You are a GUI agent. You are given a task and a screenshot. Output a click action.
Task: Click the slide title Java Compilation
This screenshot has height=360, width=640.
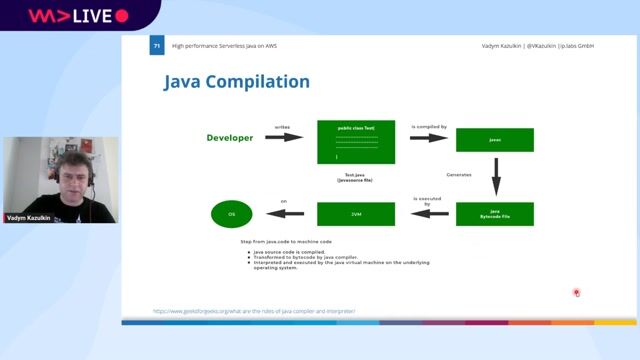click(x=236, y=82)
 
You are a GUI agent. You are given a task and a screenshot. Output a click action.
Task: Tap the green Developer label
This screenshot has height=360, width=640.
click(x=229, y=137)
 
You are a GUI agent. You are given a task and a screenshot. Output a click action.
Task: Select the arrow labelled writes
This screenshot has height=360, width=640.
click(x=283, y=137)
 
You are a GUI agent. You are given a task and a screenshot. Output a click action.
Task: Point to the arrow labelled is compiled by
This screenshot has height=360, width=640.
click(x=428, y=138)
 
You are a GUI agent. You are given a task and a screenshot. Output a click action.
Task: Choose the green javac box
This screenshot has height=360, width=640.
click(x=494, y=140)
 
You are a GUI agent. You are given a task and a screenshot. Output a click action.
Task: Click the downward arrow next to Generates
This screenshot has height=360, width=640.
click(x=495, y=177)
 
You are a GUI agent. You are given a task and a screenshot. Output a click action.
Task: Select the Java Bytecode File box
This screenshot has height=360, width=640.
click(x=494, y=213)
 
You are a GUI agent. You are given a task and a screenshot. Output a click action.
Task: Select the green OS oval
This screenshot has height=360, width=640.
click(x=231, y=213)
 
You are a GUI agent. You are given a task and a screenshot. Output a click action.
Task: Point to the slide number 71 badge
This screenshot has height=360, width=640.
click(x=157, y=46)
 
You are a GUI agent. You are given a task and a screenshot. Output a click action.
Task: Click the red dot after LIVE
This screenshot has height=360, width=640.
click(x=122, y=16)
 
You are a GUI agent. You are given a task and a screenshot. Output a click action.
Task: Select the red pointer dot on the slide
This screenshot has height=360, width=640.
click(x=576, y=293)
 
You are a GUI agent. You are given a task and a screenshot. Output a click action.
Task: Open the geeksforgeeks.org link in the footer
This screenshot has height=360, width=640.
click(x=254, y=311)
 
